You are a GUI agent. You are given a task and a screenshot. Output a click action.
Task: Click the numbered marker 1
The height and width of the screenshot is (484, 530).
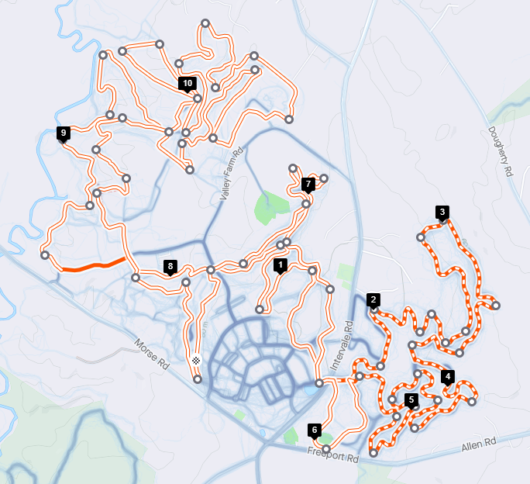[x=280, y=264]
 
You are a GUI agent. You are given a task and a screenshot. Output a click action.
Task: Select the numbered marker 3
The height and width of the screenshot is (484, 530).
[x=442, y=212]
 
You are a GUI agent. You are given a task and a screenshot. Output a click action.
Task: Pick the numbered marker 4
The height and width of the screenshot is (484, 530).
[x=447, y=377]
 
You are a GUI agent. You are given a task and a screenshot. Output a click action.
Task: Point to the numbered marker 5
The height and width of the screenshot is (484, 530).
[x=411, y=399]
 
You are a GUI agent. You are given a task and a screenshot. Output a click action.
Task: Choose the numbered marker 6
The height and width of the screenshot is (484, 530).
[x=314, y=429]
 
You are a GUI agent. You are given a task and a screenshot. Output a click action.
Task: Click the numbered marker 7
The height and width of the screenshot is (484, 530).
[x=308, y=184]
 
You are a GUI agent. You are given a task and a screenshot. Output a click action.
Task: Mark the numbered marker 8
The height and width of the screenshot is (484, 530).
[x=170, y=267]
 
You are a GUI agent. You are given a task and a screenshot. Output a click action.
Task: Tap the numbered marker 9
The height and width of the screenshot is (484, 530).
[x=63, y=133]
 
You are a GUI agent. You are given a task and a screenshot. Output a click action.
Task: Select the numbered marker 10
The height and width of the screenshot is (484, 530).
[x=187, y=82]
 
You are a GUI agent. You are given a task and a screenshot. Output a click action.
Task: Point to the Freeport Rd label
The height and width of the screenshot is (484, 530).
[x=332, y=455]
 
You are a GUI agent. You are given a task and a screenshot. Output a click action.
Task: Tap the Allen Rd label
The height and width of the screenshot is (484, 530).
[x=478, y=445]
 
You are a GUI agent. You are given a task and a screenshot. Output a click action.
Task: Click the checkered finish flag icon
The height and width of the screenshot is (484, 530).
[x=197, y=360]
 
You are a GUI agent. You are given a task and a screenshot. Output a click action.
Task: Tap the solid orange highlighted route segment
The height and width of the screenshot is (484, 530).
[x=93, y=266]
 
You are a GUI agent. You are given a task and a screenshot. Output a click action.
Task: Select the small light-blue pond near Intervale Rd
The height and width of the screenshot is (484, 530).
[x=311, y=392]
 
